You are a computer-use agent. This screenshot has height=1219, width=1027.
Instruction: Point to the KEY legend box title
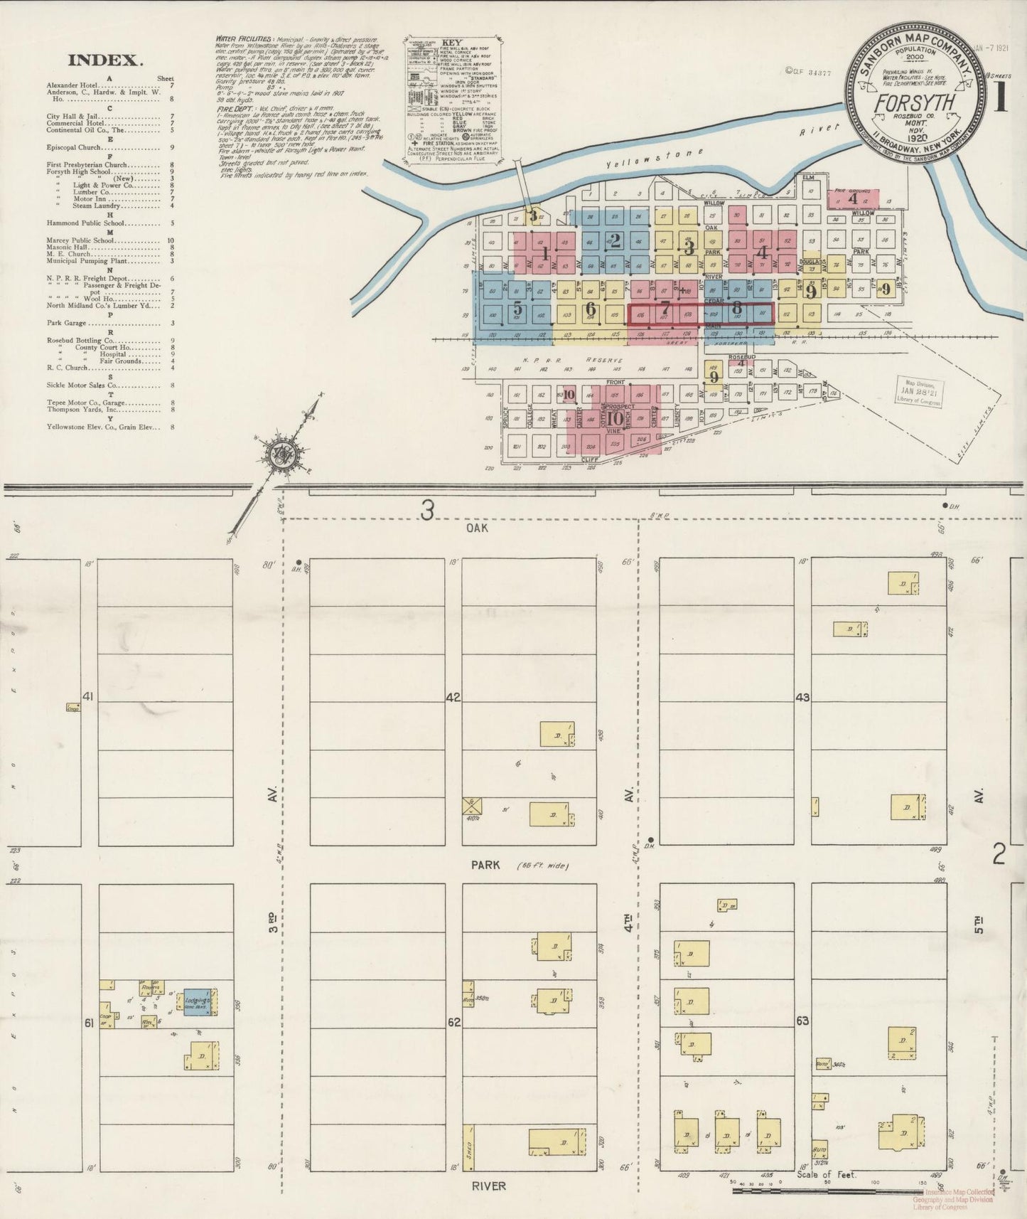[x=452, y=42]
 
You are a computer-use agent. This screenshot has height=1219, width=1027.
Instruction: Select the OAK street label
[x=477, y=528]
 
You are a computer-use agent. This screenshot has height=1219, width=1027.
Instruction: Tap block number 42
[x=453, y=698]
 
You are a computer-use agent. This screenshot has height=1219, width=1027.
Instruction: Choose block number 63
[x=802, y=1021]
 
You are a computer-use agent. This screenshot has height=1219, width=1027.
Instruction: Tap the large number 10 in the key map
[x=615, y=418]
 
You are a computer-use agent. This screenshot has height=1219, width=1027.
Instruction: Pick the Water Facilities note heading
[x=242, y=40]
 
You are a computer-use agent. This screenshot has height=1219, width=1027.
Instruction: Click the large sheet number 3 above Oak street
[x=426, y=510]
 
